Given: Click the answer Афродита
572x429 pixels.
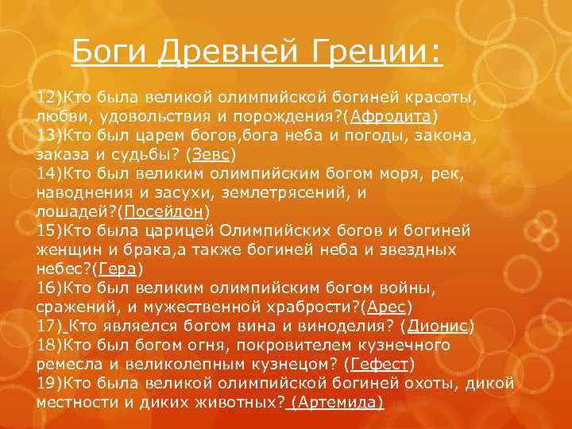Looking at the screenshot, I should [x=396, y=117].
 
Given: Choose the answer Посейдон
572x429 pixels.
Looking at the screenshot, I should [x=166, y=212].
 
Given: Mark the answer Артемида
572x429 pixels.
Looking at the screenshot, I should [x=337, y=402].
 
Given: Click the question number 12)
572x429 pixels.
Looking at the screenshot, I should [x=49, y=98].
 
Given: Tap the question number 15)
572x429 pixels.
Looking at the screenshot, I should [x=49, y=231].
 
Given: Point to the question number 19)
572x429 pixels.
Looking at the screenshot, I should [x=49, y=384].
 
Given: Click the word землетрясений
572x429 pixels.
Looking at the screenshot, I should [x=275, y=193].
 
